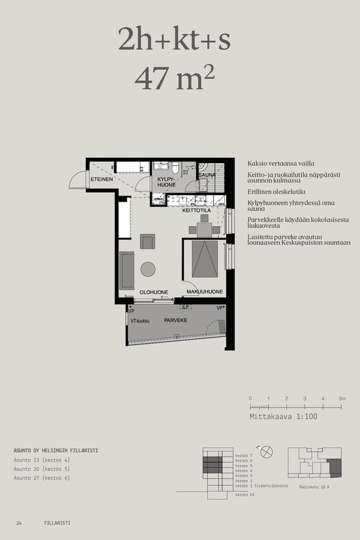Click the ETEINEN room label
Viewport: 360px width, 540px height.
click(x=101, y=179)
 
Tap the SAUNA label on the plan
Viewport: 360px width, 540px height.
click(x=207, y=175)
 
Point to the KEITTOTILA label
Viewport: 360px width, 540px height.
click(x=196, y=211)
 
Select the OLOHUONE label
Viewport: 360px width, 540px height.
click(x=154, y=292)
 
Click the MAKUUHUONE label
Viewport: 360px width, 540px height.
click(x=205, y=292)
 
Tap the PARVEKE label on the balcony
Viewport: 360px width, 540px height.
click(x=176, y=320)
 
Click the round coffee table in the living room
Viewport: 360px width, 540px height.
click(x=148, y=269)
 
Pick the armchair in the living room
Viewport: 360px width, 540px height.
click(x=148, y=241)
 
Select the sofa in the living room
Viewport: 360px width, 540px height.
click(x=127, y=270)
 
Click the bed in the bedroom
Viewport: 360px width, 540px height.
click(x=205, y=259)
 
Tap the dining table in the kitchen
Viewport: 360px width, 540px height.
click(x=204, y=229)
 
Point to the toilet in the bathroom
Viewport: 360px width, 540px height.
click(x=175, y=167)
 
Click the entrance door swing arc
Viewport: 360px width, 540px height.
click(x=77, y=179)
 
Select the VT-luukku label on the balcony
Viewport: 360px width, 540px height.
click(x=140, y=321)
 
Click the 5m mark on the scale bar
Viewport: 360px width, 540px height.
click(x=341, y=398)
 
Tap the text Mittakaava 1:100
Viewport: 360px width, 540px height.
click(x=283, y=416)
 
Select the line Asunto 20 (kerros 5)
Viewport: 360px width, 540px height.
click(x=41, y=469)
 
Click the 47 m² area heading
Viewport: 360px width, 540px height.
click(x=175, y=79)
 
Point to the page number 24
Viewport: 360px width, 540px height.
click(x=19, y=523)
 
